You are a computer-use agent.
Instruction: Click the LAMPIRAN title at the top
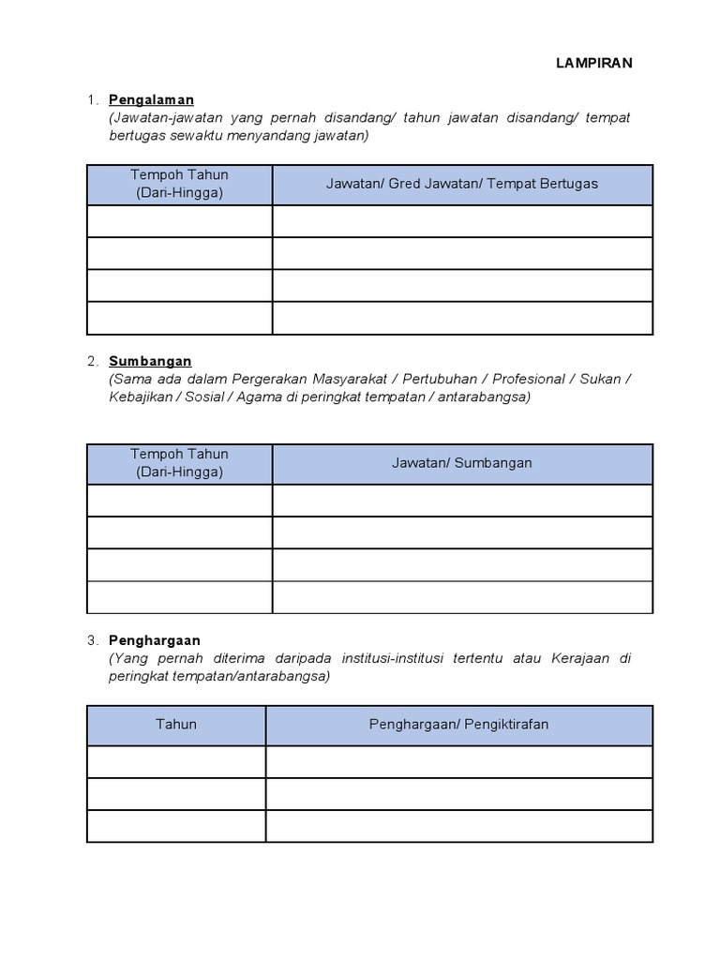[593, 63]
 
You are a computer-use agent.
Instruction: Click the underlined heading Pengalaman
[151, 99]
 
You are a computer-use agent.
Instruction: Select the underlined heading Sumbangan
[150, 361]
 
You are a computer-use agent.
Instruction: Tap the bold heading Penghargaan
[155, 640]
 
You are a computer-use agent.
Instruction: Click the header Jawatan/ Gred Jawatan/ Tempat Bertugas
[461, 184]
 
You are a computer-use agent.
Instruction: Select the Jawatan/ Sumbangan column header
[461, 463]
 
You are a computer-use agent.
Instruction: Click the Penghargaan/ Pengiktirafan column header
[458, 725]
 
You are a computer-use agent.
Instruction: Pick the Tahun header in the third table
[176, 725]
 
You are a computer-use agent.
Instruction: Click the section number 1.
[92, 99]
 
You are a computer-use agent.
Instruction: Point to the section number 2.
[92, 361]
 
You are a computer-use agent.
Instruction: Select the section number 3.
[92, 640]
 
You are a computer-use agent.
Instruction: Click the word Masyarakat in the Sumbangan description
[342, 379]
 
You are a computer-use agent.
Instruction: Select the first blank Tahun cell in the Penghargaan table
[176, 762]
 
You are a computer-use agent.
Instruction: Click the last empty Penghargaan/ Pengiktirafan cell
[458, 826]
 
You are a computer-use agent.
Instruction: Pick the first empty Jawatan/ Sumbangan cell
[461, 501]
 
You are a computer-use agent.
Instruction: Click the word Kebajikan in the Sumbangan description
[141, 397]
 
